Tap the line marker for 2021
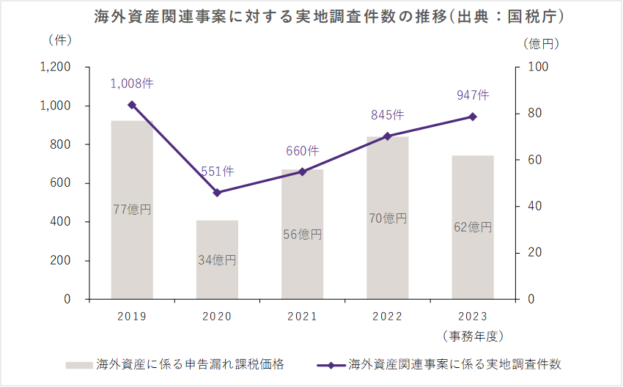pos(302,172)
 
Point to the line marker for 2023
pos(473,117)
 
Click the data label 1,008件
pos(132,84)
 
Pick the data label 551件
pos(217,172)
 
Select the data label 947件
pos(473,95)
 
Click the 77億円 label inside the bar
pos(132,210)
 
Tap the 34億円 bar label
pos(217,259)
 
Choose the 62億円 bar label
pos(473,227)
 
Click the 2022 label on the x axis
pos(388,317)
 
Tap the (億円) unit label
pos(542,43)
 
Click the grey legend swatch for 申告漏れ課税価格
pos(78,364)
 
